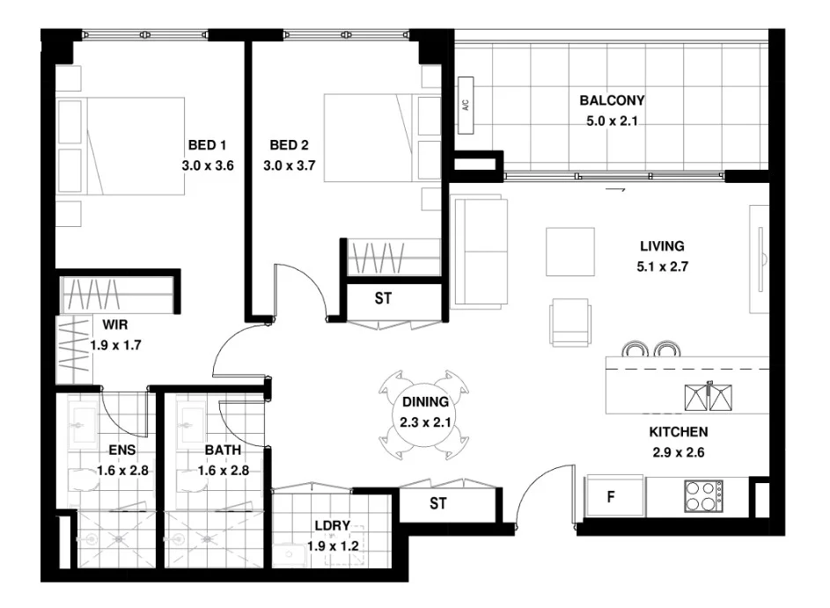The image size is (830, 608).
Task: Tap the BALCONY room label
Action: coord(612,100)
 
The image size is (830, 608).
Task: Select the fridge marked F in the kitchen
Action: coord(610,497)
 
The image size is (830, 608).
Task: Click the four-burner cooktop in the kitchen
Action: coord(703,497)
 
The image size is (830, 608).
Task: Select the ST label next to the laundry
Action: coord(437,504)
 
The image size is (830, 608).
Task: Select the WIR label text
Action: coord(115,324)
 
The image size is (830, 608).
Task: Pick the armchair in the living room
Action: coord(569,322)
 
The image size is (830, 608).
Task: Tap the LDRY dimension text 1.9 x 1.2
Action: coord(333,546)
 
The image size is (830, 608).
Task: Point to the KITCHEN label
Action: coord(679,433)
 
